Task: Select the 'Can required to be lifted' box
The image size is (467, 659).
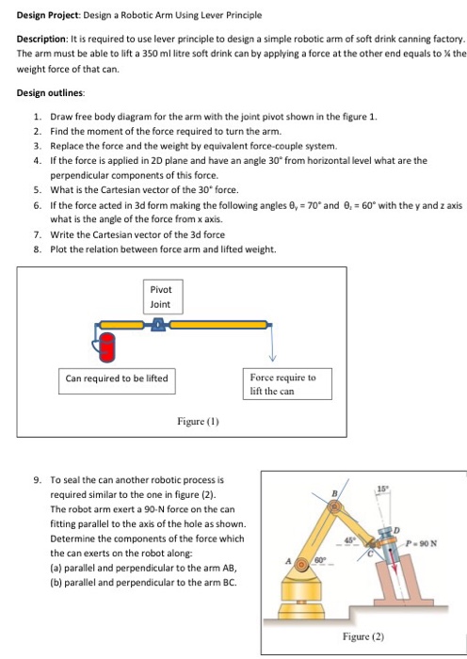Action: (115, 378)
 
